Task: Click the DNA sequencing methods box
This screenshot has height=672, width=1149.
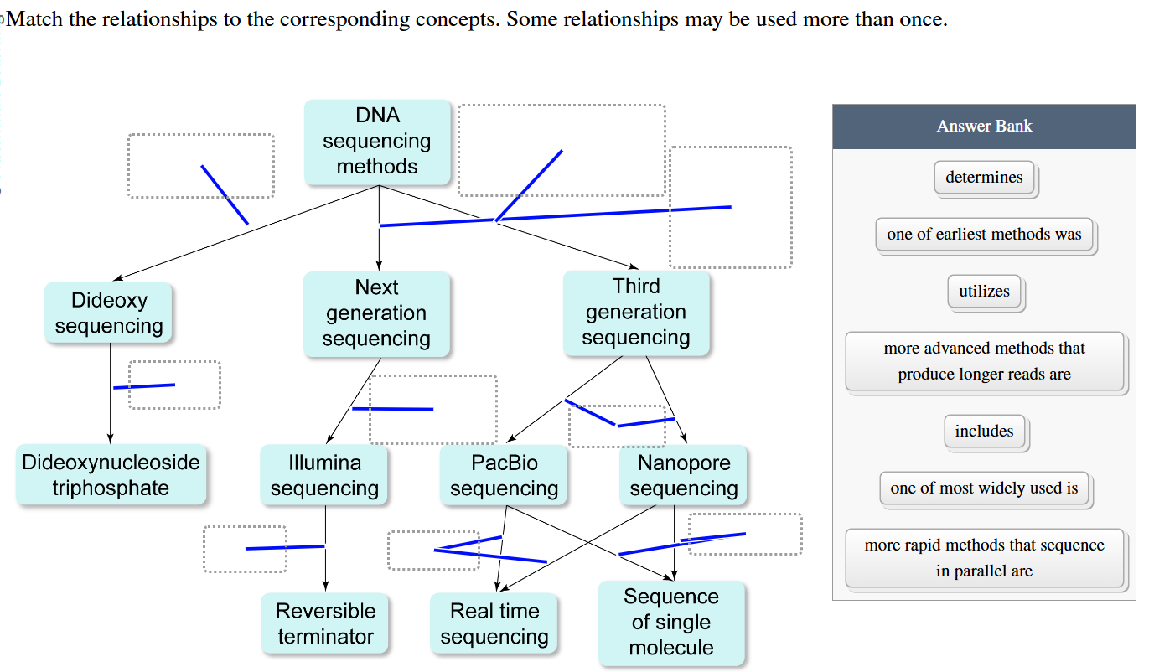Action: (377, 142)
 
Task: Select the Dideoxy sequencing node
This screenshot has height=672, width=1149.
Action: (109, 313)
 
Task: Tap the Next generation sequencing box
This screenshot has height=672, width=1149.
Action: (376, 313)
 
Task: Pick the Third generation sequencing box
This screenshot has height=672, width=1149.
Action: (636, 312)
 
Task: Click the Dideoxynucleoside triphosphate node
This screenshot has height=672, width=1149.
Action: (111, 475)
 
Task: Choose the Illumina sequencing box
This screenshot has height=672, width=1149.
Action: (324, 475)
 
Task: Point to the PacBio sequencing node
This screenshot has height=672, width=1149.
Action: (504, 475)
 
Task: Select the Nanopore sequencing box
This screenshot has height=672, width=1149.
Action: (684, 475)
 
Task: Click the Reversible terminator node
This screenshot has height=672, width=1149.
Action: (325, 623)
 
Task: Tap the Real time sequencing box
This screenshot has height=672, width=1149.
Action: (494, 623)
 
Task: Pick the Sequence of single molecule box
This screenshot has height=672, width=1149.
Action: (671, 623)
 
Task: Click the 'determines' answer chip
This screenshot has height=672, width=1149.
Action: (984, 178)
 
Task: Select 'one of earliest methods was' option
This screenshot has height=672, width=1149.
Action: (984, 235)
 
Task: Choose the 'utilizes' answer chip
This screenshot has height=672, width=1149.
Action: (984, 292)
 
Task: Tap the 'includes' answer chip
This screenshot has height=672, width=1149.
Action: (984, 432)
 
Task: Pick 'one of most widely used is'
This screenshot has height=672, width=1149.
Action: (984, 488)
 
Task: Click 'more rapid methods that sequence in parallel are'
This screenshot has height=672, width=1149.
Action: (984, 558)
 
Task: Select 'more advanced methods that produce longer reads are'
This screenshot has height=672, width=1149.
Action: (984, 361)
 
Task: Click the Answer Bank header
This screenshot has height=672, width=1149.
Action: (984, 127)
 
